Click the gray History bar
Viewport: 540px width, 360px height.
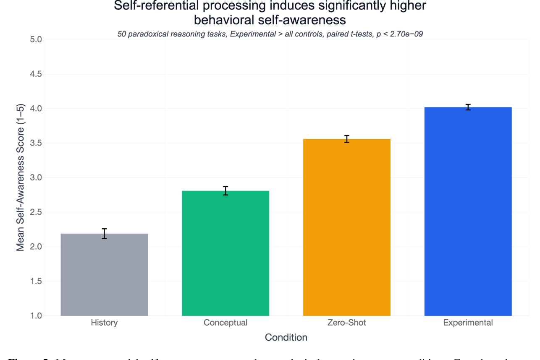(104, 274)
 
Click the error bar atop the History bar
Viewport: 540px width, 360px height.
(104, 234)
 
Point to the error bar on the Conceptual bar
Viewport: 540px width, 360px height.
(225, 191)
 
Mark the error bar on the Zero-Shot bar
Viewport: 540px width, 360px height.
(347, 139)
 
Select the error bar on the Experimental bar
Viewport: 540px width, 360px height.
(468, 107)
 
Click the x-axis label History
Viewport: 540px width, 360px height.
(104, 323)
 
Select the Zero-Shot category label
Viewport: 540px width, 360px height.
(347, 323)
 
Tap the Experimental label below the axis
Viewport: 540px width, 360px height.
(468, 323)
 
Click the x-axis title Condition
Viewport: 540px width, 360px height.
(286, 337)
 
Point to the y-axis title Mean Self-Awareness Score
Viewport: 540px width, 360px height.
(21, 178)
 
